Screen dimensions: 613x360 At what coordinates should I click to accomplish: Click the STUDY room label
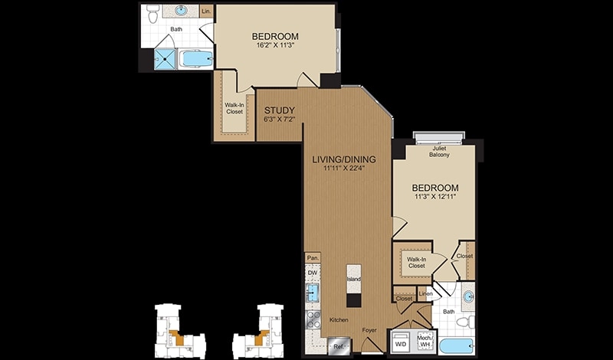(x=280, y=110)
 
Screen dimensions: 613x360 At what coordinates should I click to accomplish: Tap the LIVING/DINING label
(x=344, y=159)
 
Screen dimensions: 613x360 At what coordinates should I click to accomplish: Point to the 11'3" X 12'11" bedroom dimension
(x=436, y=197)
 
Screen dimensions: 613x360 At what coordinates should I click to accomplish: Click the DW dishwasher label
(x=312, y=273)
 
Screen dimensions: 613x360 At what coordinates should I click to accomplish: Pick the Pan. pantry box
(x=313, y=257)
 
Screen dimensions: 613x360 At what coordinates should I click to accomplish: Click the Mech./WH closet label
(x=425, y=342)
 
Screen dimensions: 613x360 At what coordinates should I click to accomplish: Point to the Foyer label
(x=369, y=330)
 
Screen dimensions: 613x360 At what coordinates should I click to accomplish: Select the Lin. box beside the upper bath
(x=206, y=11)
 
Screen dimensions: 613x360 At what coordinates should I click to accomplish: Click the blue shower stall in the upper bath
(x=166, y=60)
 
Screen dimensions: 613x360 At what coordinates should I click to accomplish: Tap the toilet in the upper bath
(x=152, y=14)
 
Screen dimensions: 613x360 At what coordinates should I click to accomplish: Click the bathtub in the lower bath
(x=456, y=346)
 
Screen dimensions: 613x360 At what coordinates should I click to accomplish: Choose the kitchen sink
(x=313, y=293)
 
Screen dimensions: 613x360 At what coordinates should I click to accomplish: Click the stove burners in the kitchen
(x=313, y=319)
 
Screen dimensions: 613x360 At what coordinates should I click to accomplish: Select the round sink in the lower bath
(x=468, y=296)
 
